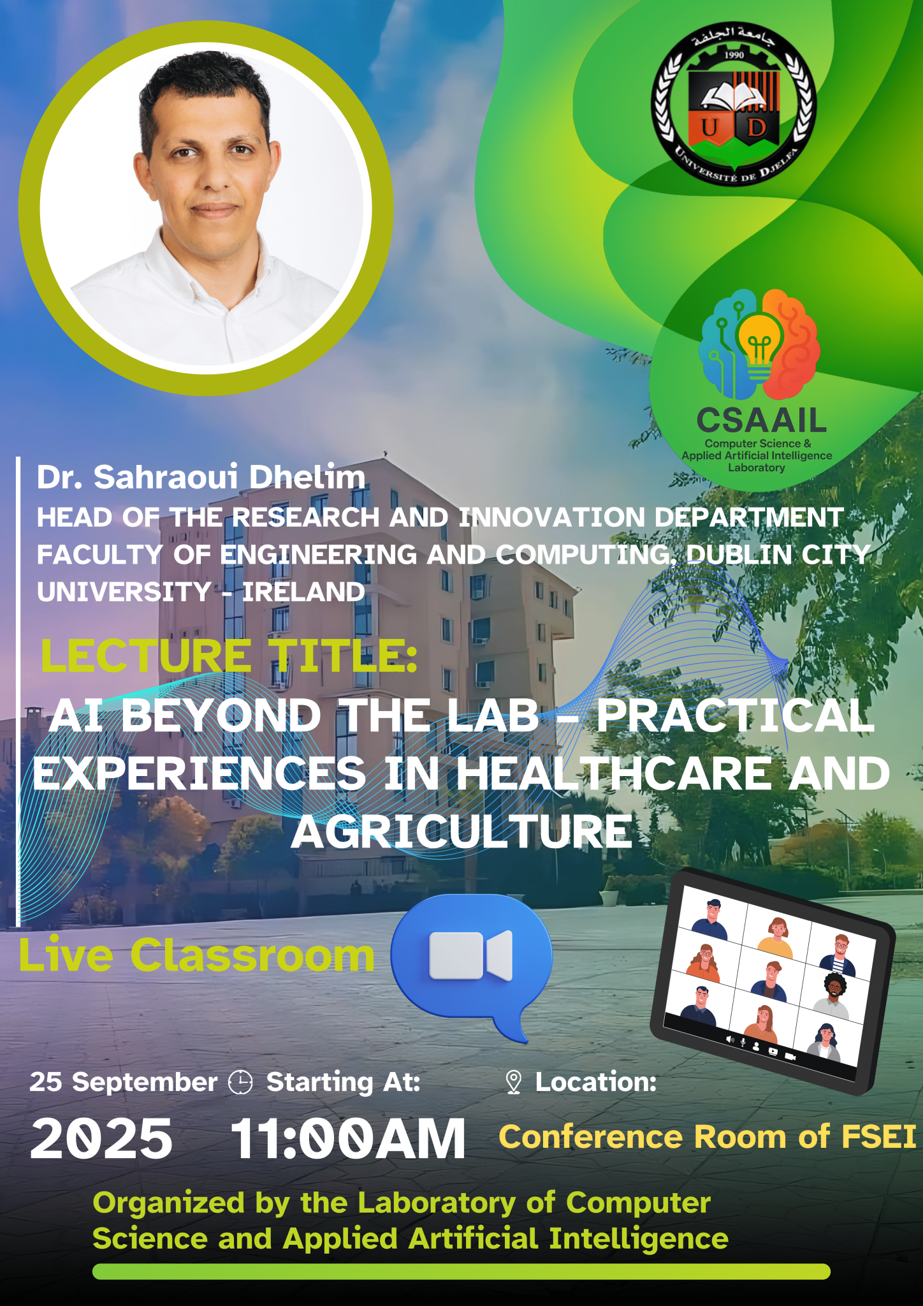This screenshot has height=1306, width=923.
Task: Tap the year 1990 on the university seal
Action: point(734,55)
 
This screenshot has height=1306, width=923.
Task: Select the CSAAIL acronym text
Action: point(761,420)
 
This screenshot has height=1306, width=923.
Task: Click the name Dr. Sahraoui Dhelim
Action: point(201,477)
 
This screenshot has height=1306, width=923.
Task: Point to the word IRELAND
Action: point(303,592)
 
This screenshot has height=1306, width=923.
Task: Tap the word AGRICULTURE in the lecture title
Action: point(462,832)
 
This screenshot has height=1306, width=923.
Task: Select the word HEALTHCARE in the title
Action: point(613,774)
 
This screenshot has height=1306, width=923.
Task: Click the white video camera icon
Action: point(471,955)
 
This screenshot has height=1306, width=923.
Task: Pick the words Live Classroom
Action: point(196,955)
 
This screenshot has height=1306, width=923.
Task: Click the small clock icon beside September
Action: point(240,1082)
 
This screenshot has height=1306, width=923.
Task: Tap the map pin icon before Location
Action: point(513,1082)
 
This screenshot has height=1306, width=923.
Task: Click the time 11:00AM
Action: point(348,1139)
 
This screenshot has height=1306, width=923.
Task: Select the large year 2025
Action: point(101,1139)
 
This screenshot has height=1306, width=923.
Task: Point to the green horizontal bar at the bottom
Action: point(462,1272)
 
